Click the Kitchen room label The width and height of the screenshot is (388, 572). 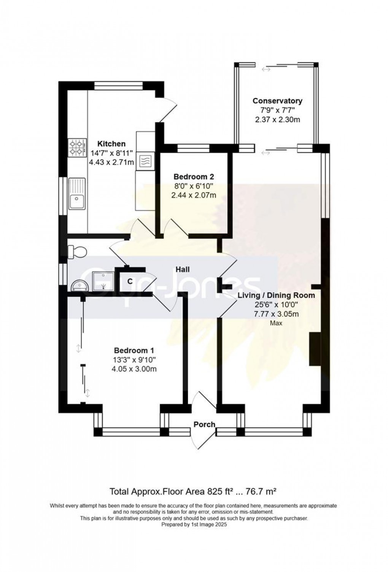coord(111,144)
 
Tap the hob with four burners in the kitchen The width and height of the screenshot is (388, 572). coord(76,148)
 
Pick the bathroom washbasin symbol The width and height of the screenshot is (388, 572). coord(79,285)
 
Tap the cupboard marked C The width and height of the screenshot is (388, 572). coord(129,281)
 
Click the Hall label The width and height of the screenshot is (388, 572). coord(183,269)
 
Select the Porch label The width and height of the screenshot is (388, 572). coord(204,424)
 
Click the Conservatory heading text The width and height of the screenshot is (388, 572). coord(277,101)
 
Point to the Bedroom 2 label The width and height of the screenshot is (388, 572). coord(194,177)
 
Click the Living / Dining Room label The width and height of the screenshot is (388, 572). coord(276,295)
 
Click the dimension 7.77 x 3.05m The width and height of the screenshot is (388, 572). coord(276,314)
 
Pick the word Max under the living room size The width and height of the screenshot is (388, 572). coord(276,323)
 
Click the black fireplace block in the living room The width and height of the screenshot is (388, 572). coord(315,349)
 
